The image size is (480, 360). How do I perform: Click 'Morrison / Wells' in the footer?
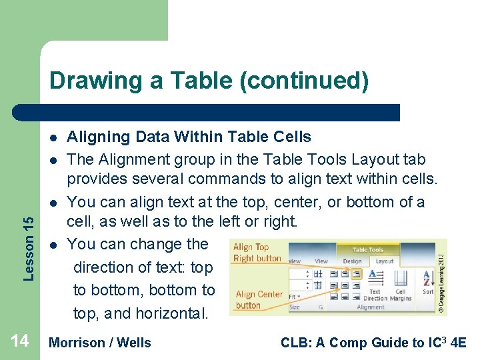[101, 343]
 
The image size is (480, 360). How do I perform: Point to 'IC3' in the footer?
[440, 342]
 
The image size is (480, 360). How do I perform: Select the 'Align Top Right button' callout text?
[257, 253]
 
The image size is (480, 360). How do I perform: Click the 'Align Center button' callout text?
[259, 299]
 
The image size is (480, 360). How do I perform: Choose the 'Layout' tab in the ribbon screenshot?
[385, 261]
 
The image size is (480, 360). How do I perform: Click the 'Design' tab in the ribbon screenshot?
[352, 261]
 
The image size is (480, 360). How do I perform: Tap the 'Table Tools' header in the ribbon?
[368, 250]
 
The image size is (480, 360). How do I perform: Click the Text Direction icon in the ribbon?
[375, 280]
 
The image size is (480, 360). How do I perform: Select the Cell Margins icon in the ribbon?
[400, 280]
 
